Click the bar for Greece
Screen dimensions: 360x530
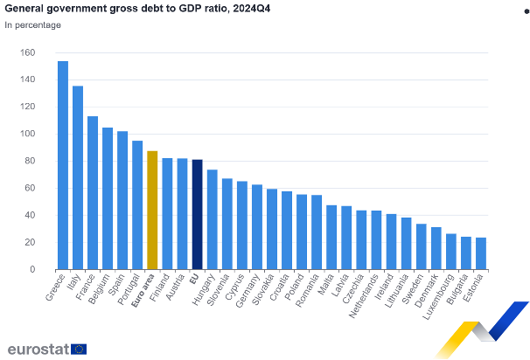63,166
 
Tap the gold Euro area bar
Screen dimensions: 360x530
152,211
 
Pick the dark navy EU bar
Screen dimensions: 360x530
197,215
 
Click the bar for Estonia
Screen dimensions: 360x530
480,253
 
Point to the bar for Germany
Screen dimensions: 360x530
257,227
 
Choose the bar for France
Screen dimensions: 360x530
93,193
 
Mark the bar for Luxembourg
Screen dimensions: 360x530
450,252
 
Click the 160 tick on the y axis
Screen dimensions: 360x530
27,53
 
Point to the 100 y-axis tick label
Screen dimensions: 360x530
27,135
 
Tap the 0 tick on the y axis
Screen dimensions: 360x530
31,270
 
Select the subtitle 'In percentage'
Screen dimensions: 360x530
33,24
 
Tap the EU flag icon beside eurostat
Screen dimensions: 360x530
79,349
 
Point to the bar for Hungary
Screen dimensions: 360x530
213,219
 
